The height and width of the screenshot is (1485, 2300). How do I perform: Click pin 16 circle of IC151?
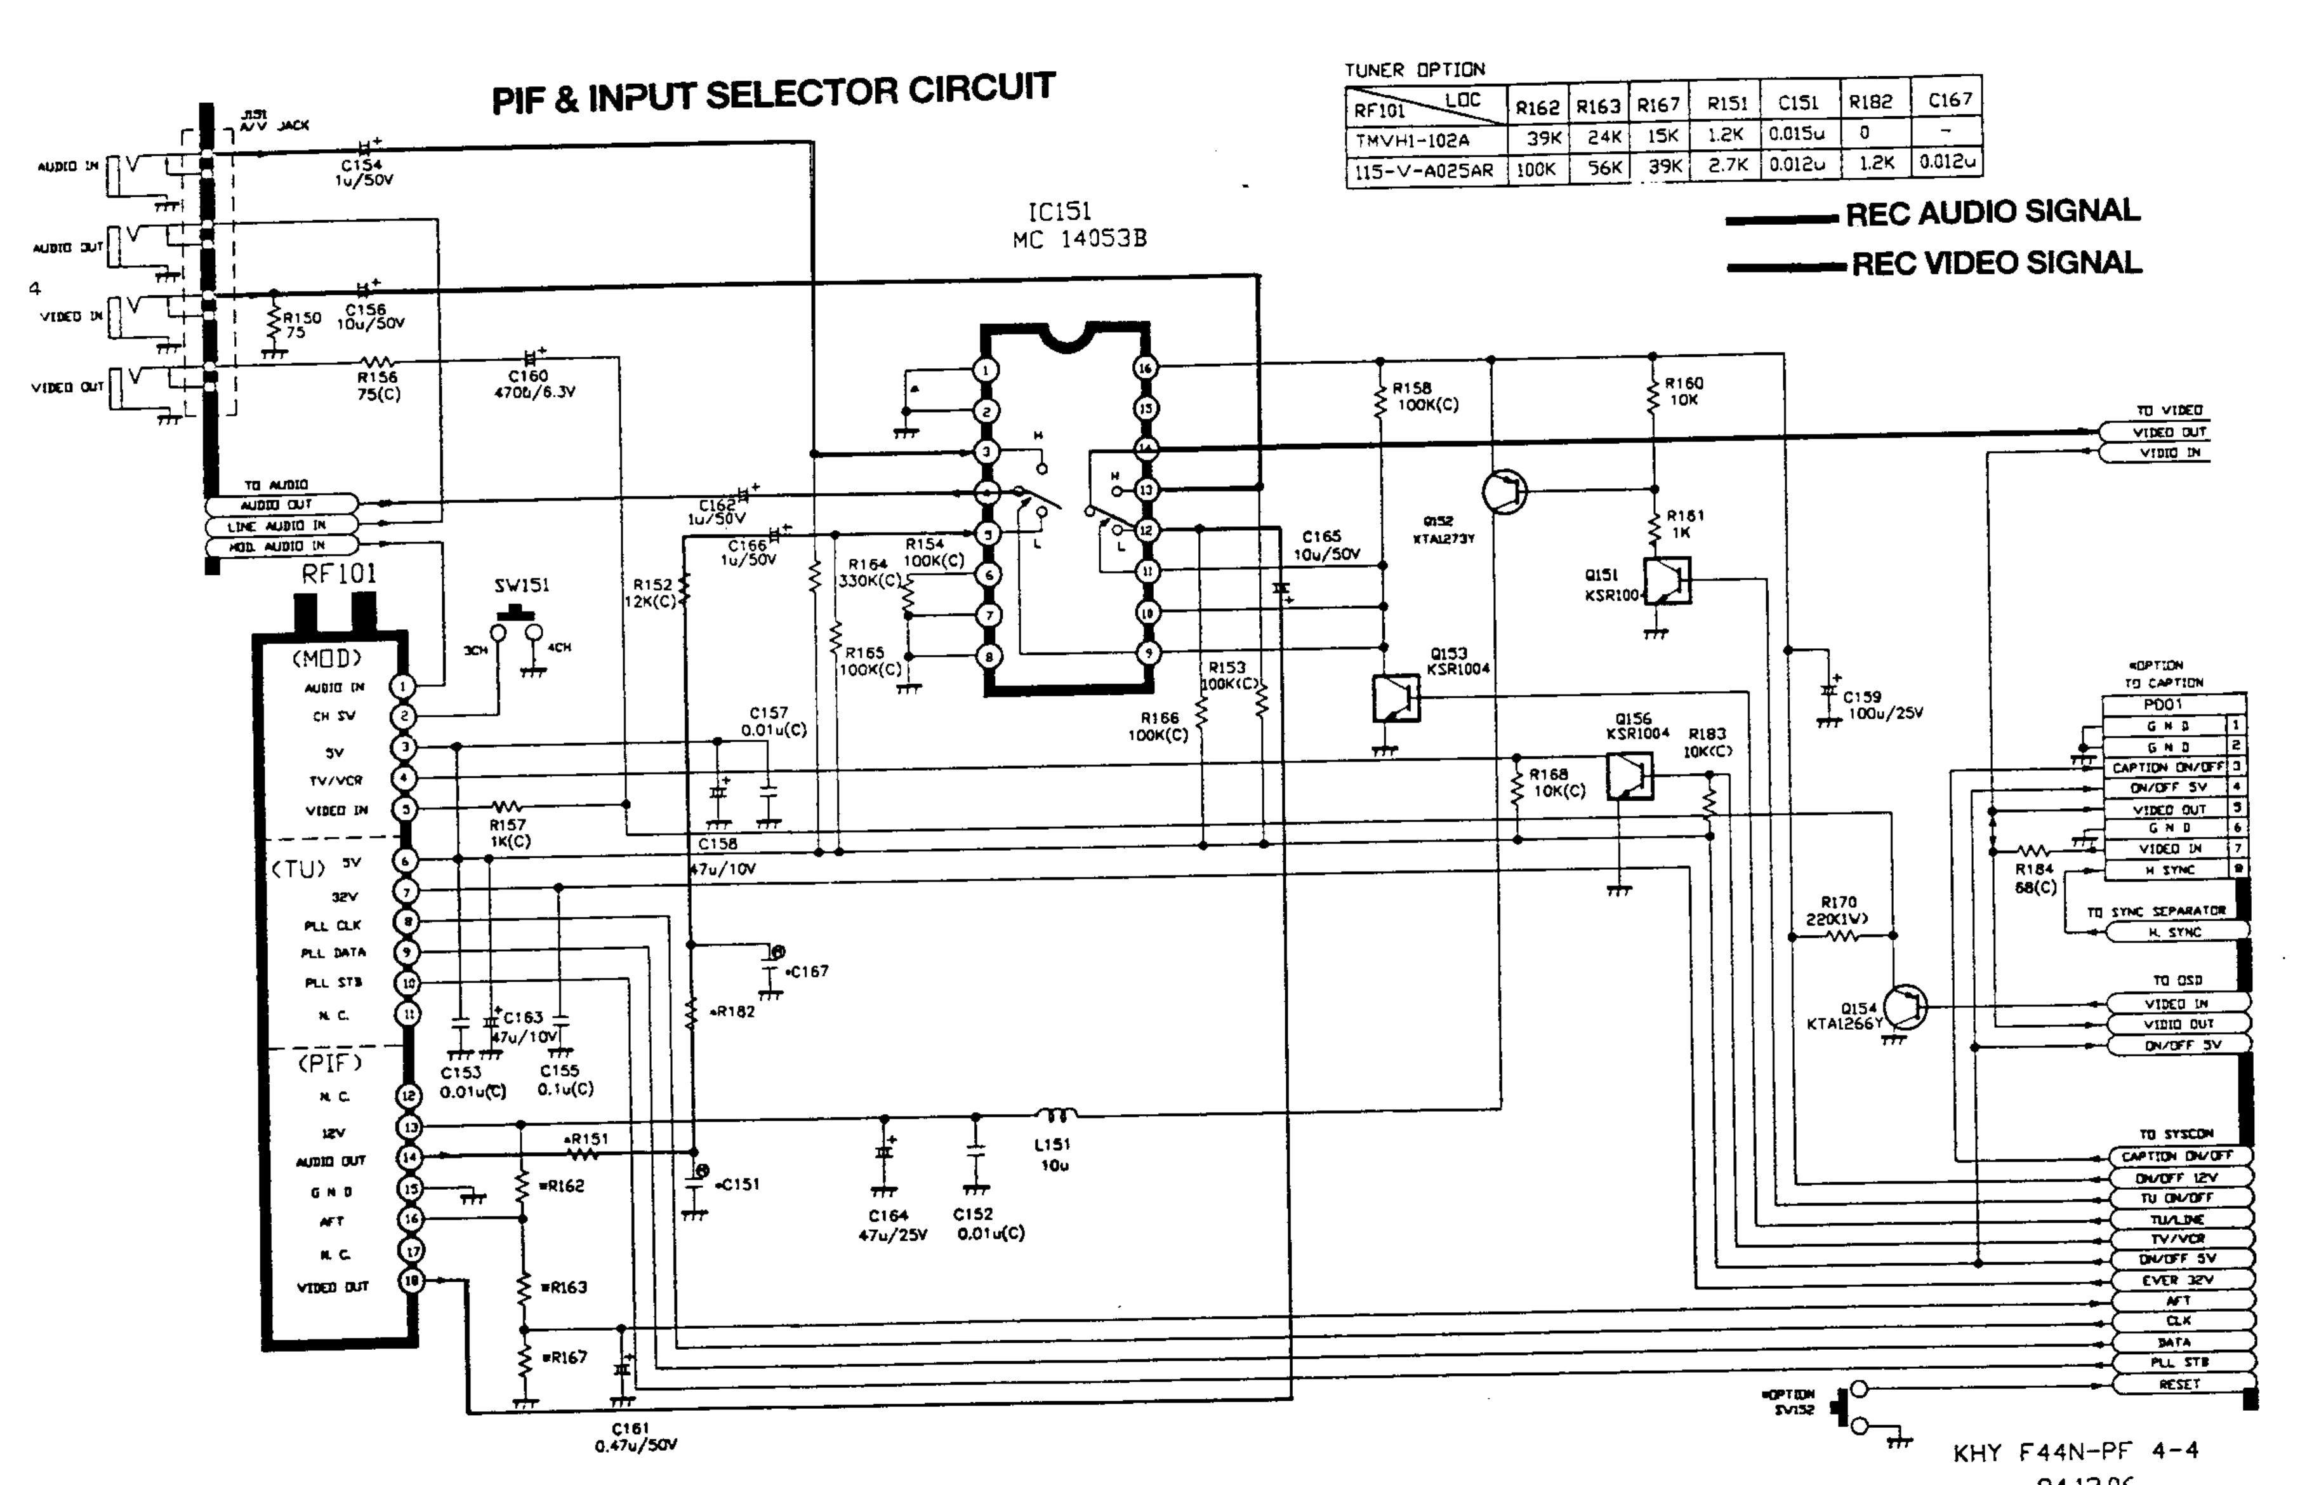pyautogui.click(x=1145, y=368)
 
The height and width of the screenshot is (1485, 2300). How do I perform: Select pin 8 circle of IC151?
pyautogui.click(x=988, y=656)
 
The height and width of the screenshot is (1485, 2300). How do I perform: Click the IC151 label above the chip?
pyautogui.click(x=1059, y=212)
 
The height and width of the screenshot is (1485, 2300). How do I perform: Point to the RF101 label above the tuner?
pyautogui.click(x=338, y=575)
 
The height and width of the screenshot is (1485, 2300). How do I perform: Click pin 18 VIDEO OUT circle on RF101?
pyautogui.click(x=412, y=1281)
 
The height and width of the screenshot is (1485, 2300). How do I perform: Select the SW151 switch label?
pyautogui.click(x=522, y=586)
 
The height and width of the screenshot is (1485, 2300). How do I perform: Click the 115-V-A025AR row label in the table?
pyautogui.click(x=1424, y=171)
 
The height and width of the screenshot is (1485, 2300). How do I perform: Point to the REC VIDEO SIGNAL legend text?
pyautogui.click(x=1997, y=263)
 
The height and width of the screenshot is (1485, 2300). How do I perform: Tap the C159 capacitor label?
pyautogui.click(x=1861, y=696)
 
